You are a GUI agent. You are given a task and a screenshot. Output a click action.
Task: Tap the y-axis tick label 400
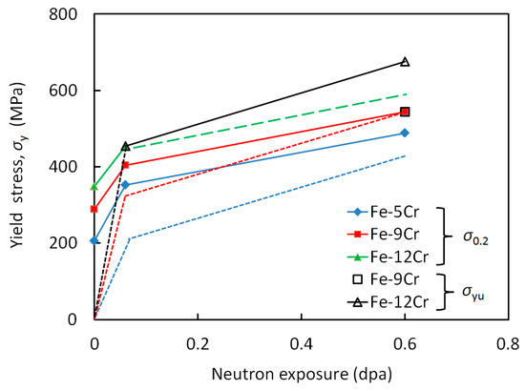[x=70, y=167]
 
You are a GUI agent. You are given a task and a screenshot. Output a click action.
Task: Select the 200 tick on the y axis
[x=70, y=243]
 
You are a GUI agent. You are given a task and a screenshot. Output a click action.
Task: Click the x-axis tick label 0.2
[x=198, y=340]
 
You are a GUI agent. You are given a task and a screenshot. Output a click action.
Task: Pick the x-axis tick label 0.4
[x=302, y=340]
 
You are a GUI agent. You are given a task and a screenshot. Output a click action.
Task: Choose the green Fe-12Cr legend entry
[x=387, y=257]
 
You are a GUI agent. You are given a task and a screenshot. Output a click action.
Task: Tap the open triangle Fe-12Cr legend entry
[x=387, y=302]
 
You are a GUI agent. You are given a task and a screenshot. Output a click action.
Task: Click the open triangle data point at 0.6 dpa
[x=405, y=62]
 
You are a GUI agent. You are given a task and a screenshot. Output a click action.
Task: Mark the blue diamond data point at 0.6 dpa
[x=405, y=133]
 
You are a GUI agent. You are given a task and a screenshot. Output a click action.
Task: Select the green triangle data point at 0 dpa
[x=94, y=187]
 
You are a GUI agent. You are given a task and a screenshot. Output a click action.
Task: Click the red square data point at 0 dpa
[x=94, y=209]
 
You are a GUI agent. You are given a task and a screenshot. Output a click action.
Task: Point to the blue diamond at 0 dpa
[x=94, y=240]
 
